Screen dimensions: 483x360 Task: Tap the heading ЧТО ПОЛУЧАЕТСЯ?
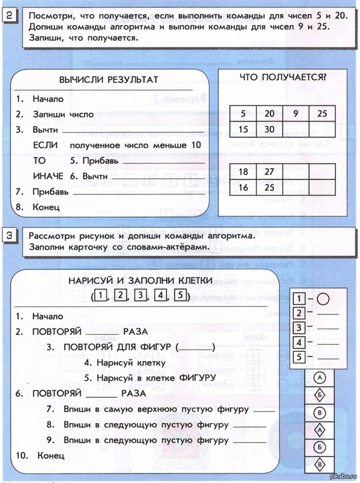[282, 77]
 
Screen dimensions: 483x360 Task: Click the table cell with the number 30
[269, 129]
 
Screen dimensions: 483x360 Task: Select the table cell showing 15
[243, 129]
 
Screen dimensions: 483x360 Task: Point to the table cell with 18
[243, 172]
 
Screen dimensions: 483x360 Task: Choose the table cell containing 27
[269, 172]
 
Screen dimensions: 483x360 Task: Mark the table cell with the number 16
[243, 187]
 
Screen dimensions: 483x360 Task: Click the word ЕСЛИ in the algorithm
[46, 145]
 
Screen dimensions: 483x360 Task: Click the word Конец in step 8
[46, 208]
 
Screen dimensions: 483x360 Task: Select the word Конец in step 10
[50, 456]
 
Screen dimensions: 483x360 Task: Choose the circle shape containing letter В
[319, 413]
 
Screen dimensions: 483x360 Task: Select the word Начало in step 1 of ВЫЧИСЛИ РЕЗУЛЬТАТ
[48, 98]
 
